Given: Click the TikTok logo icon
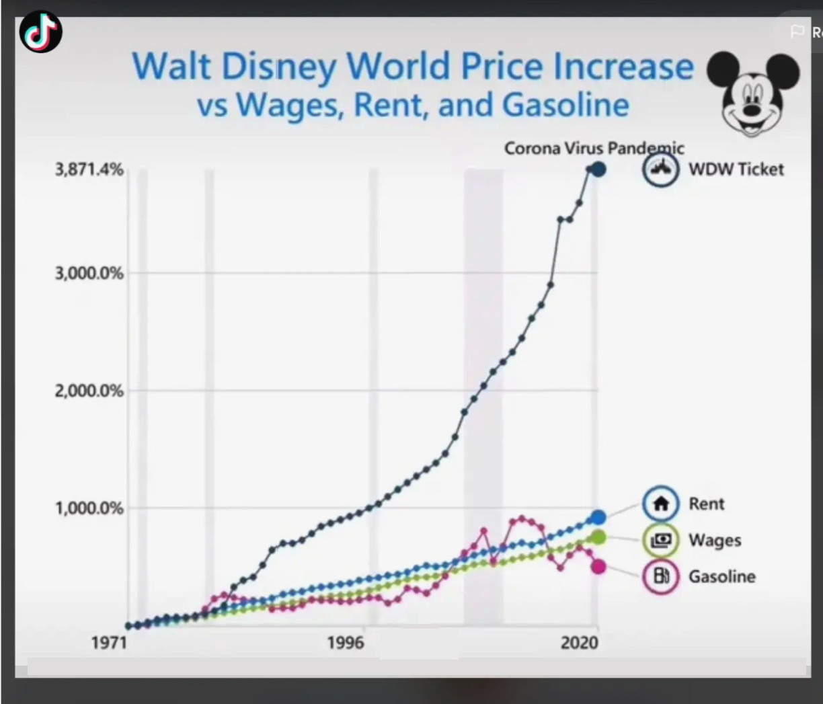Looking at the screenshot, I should click(x=41, y=32).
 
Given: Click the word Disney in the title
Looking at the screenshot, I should click(x=279, y=67).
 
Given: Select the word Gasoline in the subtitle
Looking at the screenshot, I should click(x=565, y=105).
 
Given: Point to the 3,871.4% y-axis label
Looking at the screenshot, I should click(x=89, y=169).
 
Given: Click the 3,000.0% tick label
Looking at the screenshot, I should click(x=89, y=273).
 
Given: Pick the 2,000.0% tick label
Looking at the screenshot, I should click(x=89, y=391).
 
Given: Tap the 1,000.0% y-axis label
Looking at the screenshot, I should click(x=89, y=508).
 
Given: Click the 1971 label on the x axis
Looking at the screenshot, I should click(x=109, y=643).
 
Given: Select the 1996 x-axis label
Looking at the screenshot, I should click(x=346, y=643).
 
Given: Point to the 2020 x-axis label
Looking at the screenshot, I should click(x=579, y=643).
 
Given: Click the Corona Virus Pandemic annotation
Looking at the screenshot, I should click(x=594, y=148).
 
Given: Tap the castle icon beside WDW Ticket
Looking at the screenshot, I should click(x=660, y=169).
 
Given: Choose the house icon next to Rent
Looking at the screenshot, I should click(x=661, y=504).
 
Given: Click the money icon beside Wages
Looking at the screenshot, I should click(x=661, y=540).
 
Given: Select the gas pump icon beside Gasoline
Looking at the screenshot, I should click(x=661, y=576).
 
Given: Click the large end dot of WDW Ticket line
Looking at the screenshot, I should click(x=598, y=169).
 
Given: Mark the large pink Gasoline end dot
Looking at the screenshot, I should click(x=598, y=567).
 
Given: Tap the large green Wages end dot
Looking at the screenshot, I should click(x=598, y=537).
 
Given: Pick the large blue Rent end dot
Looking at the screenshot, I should click(x=598, y=517).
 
